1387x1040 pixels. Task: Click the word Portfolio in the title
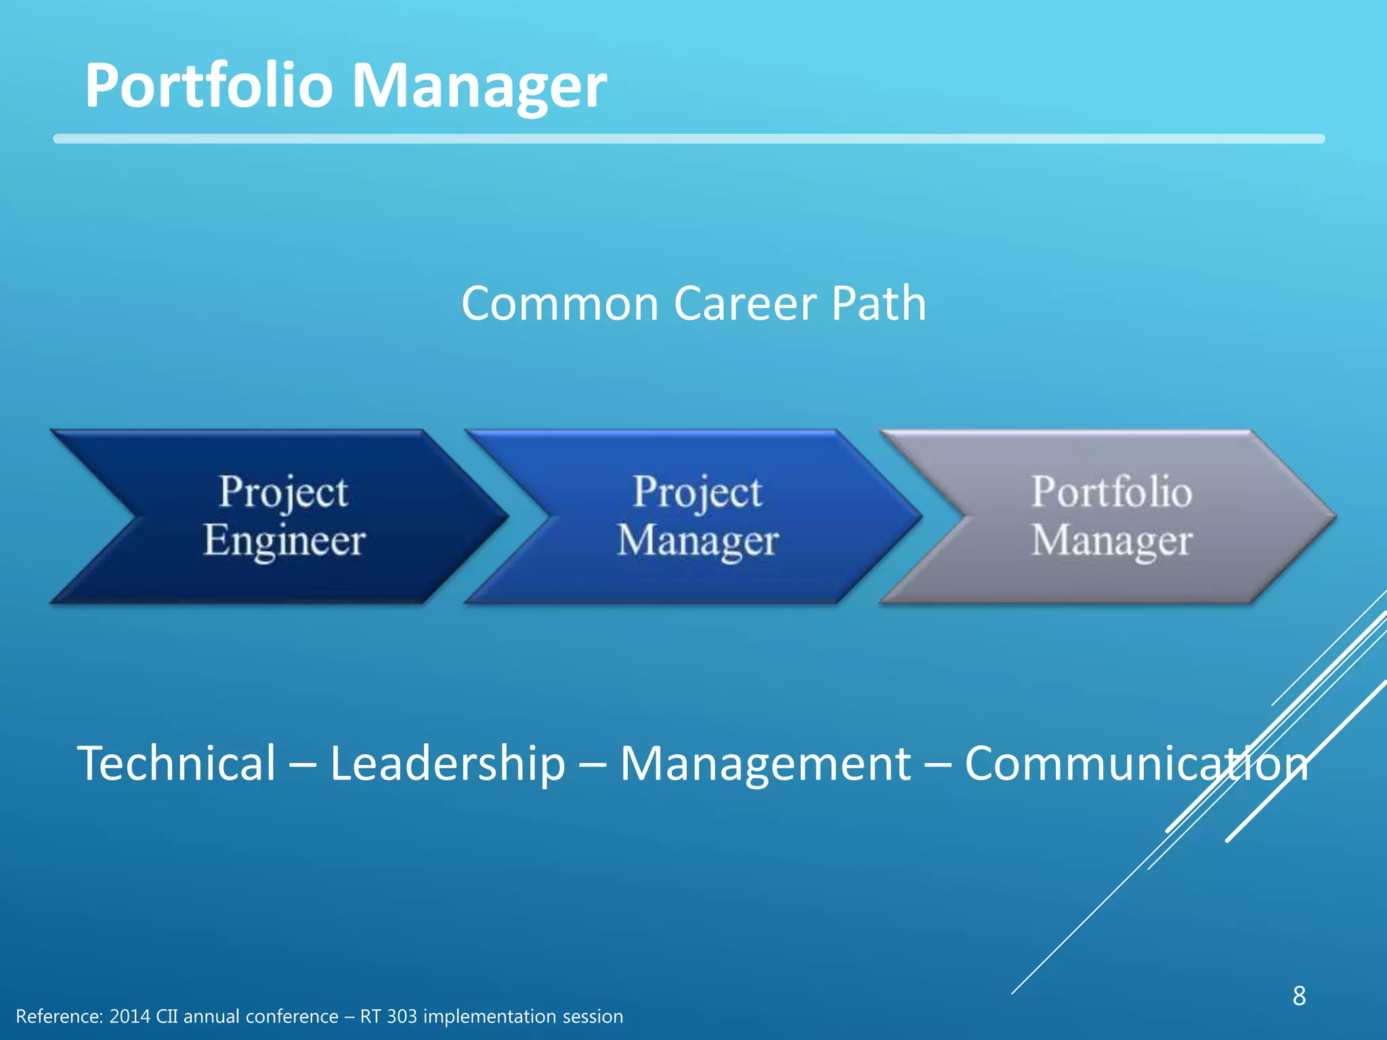pos(209,86)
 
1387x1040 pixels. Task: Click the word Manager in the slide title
pos(479,86)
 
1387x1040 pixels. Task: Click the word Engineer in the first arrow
pos(284,541)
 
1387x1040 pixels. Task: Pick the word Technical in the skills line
pos(177,763)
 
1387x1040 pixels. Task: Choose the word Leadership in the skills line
pos(447,763)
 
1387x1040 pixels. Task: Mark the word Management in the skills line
pos(765,763)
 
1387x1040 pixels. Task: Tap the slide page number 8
pos(1299,996)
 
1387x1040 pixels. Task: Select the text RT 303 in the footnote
pos(388,1017)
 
